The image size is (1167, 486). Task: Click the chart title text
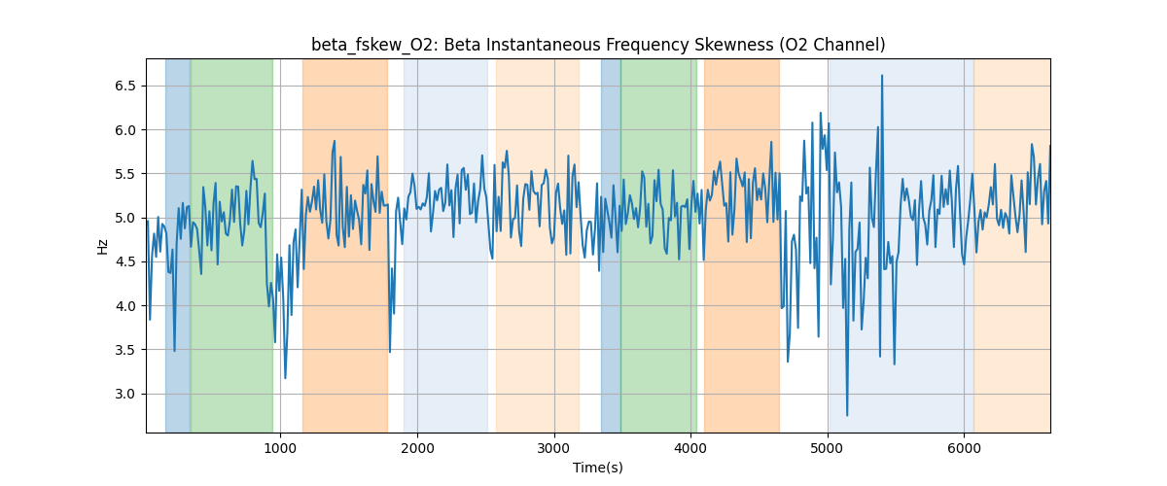coord(598,45)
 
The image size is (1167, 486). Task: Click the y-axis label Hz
coord(103,246)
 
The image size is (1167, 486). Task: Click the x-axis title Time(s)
coord(598,468)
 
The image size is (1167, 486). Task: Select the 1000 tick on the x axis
coord(280,447)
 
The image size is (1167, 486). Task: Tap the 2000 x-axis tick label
coord(417,447)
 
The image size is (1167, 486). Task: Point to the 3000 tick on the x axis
coord(554,447)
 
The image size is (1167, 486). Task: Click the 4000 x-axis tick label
coord(690,447)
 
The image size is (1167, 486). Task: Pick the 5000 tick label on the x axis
coord(828,447)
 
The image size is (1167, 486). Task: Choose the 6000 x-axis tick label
coord(964,447)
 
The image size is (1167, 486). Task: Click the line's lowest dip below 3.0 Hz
coord(847,415)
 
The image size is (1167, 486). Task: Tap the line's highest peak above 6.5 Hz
coord(882,76)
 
